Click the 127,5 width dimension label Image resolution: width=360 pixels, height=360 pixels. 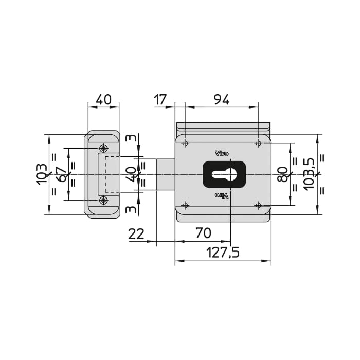223,252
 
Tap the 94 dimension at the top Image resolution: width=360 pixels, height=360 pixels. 222,100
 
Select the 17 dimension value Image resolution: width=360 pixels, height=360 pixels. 160,100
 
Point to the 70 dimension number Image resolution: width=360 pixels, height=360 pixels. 204,233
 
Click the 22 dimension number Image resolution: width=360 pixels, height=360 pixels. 136,234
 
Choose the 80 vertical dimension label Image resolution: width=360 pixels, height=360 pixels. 283,174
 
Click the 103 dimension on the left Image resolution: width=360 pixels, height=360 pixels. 42,174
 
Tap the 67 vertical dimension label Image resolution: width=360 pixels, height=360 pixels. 61,174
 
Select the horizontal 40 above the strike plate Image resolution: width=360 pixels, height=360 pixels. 103,99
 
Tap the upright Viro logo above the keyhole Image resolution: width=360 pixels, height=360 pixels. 222,153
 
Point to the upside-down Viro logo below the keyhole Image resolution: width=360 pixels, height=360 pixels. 222,195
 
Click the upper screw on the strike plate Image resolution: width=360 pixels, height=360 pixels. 103,148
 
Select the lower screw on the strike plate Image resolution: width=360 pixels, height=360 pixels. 103,201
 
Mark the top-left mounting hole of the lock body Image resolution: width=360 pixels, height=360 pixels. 185,143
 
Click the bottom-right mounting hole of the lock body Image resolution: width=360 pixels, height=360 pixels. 258,205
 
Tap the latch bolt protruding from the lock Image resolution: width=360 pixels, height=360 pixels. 166,174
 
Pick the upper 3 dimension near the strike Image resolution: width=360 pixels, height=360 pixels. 131,138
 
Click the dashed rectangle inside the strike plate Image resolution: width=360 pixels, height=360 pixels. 112,174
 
